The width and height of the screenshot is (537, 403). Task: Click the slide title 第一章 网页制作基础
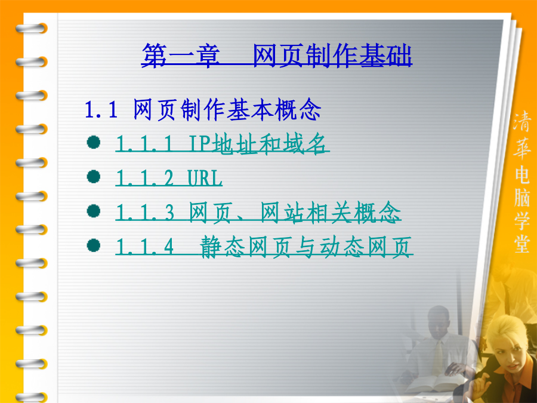(277, 55)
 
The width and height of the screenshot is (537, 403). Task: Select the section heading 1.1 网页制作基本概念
(203, 110)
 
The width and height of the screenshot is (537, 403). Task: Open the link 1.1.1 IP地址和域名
(223, 143)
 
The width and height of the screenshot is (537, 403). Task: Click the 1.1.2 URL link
(169, 178)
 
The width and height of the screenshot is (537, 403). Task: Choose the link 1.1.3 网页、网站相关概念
(258, 213)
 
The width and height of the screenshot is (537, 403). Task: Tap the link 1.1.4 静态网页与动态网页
(264, 247)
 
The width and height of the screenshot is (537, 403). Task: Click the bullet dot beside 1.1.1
(94, 142)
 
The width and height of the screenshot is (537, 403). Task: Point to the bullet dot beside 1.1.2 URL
(94, 177)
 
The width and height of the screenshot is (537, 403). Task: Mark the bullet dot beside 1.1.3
(94, 211)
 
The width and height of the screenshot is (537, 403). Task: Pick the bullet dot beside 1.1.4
(94, 245)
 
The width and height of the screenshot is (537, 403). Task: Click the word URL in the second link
(205, 178)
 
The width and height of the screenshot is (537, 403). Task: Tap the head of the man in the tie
(439, 322)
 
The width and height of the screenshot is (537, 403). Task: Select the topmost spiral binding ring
(32, 28)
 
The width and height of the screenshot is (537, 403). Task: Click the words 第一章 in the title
(181, 55)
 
